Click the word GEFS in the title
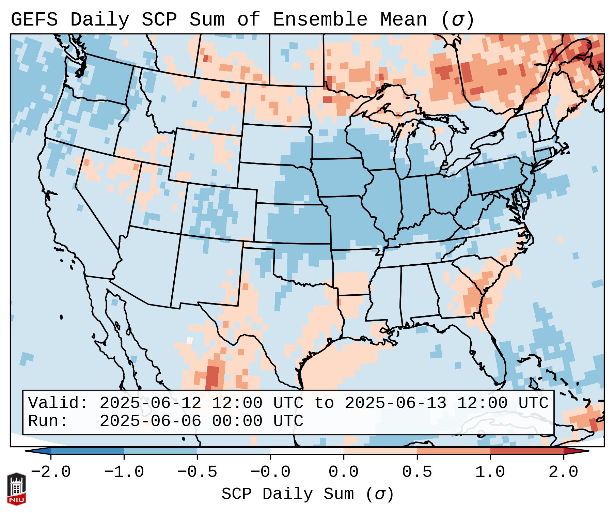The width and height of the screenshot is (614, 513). point(34,20)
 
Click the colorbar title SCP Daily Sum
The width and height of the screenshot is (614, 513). point(288,494)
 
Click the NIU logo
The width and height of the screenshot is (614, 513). point(16,489)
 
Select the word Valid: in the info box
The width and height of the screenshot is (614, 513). point(58,403)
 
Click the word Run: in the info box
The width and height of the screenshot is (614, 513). point(48,421)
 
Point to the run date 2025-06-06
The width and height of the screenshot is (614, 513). point(151,421)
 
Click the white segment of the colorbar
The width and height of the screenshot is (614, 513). point(307,451)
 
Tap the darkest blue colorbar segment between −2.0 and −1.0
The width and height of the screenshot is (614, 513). point(87,451)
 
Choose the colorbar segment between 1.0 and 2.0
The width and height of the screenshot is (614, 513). point(527,451)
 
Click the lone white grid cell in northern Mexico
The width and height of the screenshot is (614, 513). point(189,340)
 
